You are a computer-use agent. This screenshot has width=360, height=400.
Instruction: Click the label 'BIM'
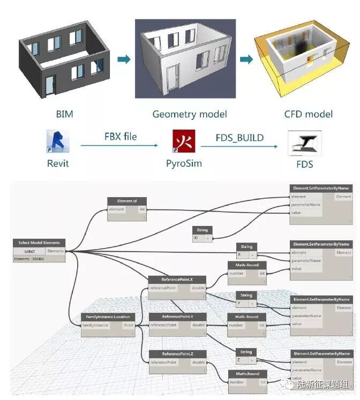point(64,114)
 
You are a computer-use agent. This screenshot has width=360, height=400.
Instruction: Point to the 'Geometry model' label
point(190,114)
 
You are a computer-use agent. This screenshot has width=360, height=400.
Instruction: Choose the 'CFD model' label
point(308,114)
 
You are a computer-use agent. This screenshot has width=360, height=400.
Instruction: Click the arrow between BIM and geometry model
point(123,58)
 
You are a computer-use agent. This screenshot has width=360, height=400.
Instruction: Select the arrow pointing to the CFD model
point(246,58)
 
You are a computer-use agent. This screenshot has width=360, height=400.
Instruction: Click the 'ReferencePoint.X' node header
point(177,280)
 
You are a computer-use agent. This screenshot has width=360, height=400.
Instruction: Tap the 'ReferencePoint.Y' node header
point(177,316)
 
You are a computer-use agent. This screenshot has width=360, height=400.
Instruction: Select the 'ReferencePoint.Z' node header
point(177,354)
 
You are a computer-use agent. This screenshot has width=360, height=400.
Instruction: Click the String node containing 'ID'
point(202,233)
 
